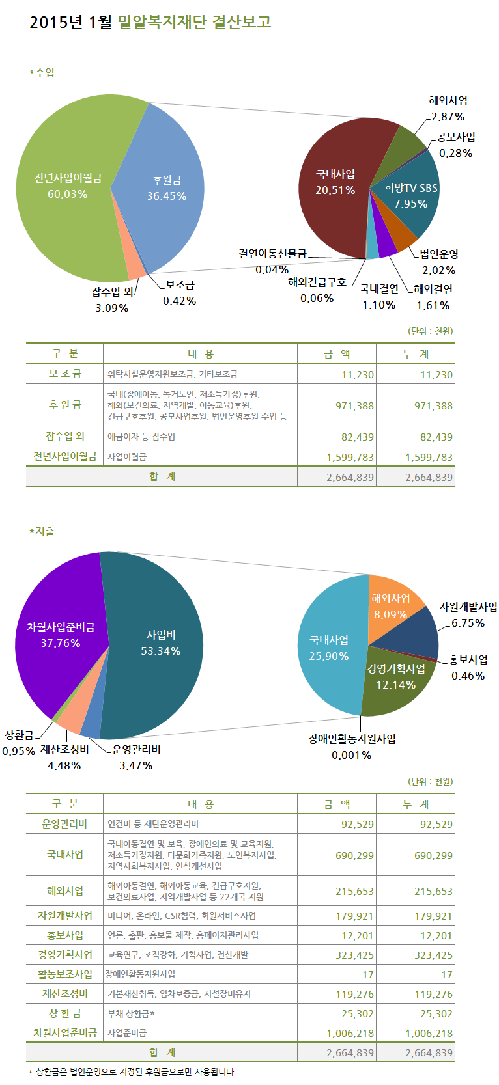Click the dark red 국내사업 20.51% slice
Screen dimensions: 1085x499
click(x=335, y=182)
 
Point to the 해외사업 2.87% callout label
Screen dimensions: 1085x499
click(x=448, y=109)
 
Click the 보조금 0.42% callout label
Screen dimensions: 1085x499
click(x=180, y=293)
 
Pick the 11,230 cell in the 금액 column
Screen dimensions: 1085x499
click(x=357, y=374)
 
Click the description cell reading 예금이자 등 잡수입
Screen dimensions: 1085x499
click(x=141, y=437)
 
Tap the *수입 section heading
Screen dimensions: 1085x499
click(x=42, y=73)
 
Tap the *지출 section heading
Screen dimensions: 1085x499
click(x=42, y=532)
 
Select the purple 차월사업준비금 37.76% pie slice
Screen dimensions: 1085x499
click(x=60, y=635)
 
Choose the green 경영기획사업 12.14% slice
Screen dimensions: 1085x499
click(x=395, y=677)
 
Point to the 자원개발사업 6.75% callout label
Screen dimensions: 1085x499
click(x=468, y=614)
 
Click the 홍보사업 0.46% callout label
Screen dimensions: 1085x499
click(x=468, y=667)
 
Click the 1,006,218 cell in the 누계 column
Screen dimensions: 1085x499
click(x=429, y=1034)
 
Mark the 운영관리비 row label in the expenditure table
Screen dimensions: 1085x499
click(x=64, y=824)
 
